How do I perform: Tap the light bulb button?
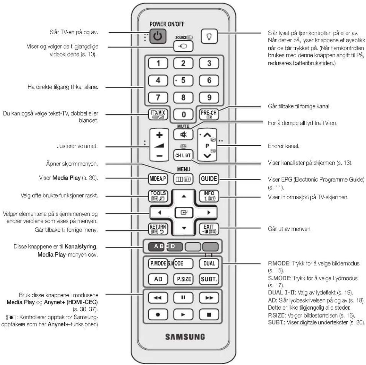tap(209, 36)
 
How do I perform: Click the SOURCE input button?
tap(183, 46)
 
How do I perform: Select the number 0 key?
tap(183, 114)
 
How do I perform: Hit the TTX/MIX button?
tap(158, 114)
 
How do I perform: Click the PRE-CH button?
tap(209, 114)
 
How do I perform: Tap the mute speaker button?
tap(183, 135)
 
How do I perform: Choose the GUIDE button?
tap(209, 179)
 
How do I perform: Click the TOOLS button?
tap(158, 196)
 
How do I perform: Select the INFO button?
tap(209, 196)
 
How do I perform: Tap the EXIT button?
tap(209, 229)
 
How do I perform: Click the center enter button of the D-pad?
tap(184, 212)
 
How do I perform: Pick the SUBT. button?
tap(209, 279)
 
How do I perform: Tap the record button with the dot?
tap(158, 315)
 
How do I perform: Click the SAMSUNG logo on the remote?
tap(185, 337)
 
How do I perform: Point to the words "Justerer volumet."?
tap(77, 146)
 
